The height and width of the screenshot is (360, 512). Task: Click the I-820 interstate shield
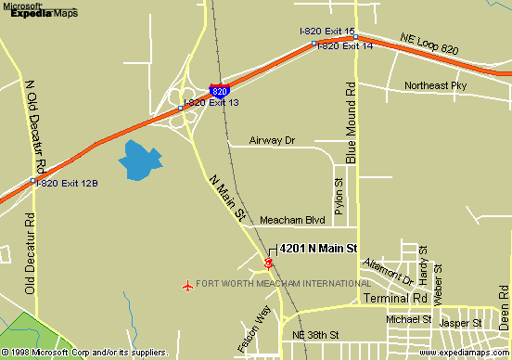tap(219, 91)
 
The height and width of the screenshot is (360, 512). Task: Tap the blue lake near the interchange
tap(136, 161)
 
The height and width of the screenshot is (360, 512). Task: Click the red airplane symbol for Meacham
tap(188, 284)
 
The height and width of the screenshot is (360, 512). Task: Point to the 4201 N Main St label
tap(318, 249)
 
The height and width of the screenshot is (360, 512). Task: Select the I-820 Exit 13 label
tap(211, 102)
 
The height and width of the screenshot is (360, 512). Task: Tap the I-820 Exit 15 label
tap(327, 32)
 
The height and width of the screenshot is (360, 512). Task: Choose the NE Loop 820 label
tap(430, 42)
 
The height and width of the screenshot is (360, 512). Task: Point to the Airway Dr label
tap(273, 141)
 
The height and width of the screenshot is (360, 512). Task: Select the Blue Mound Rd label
tap(352, 123)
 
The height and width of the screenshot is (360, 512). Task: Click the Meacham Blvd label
tap(292, 220)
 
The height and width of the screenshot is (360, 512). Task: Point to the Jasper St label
tap(461, 323)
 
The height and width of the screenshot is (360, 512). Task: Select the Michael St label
tap(409, 318)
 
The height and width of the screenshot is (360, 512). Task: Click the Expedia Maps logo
tap(39, 10)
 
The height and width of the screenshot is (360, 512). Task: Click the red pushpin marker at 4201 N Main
tap(269, 263)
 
